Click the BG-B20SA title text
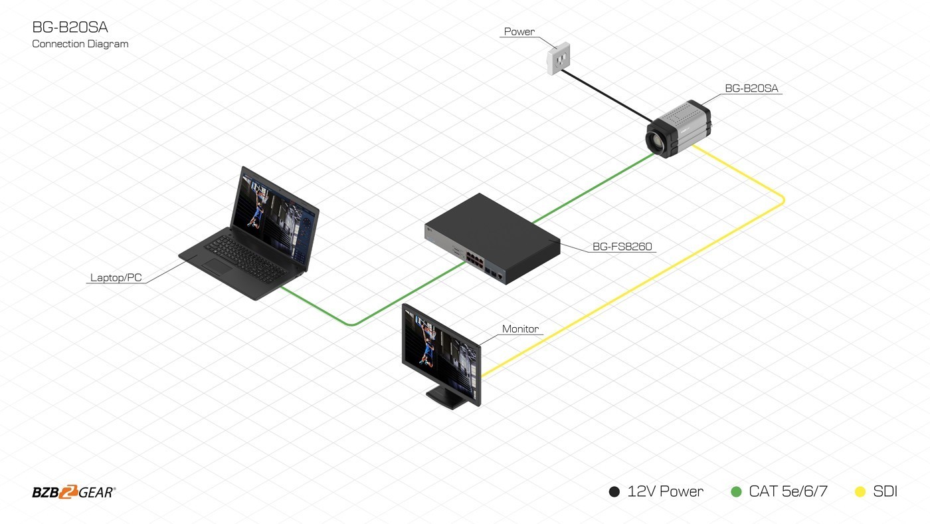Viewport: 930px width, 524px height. coord(70,27)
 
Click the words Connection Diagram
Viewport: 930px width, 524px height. coord(80,44)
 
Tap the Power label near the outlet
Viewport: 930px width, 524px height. coord(519,31)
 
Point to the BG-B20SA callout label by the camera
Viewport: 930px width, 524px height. coord(751,88)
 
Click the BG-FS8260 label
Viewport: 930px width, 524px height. coord(622,247)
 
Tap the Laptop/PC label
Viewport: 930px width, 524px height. coord(116,277)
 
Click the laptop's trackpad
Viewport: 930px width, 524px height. coord(217,267)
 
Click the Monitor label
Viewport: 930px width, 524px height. coord(520,328)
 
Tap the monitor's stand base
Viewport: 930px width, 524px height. coord(447,398)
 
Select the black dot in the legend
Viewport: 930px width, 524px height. coord(614,492)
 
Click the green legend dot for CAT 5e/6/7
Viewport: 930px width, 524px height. coord(736,492)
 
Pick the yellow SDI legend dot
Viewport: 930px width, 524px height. coord(860,492)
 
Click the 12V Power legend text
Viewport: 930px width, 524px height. coord(665,492)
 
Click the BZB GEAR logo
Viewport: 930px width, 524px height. coord(74,492)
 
